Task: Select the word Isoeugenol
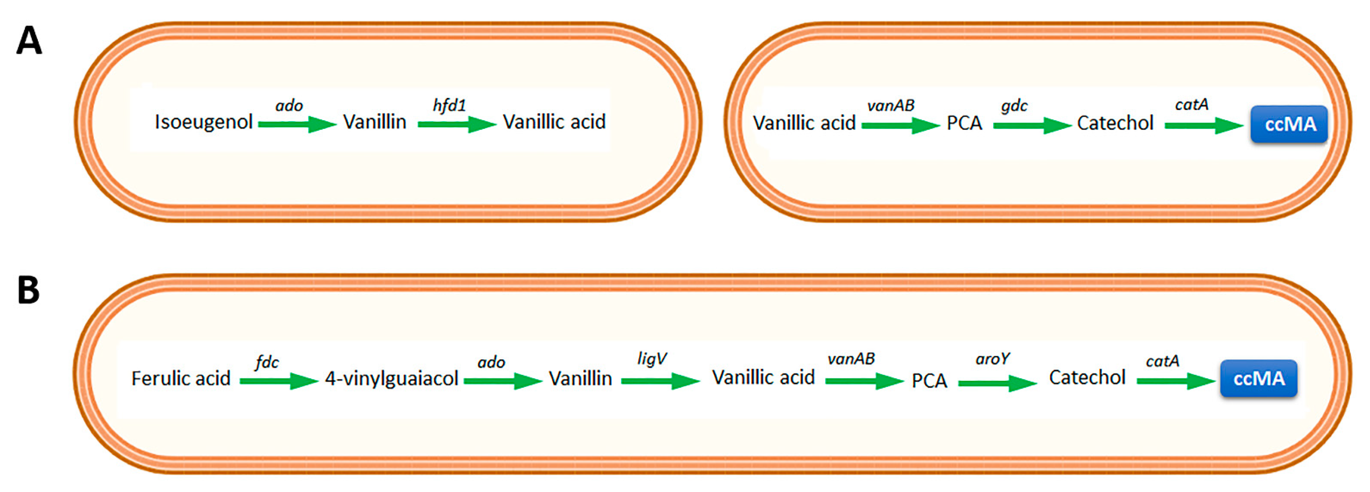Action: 203,122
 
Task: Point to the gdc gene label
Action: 1014,106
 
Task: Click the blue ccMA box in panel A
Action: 1289,124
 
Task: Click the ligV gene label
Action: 651,359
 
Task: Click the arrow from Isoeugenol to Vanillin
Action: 297,124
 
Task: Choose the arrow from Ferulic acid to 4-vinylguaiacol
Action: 278,381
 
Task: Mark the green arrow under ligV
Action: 660,381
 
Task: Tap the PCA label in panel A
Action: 964,123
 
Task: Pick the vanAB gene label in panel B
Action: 851,359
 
